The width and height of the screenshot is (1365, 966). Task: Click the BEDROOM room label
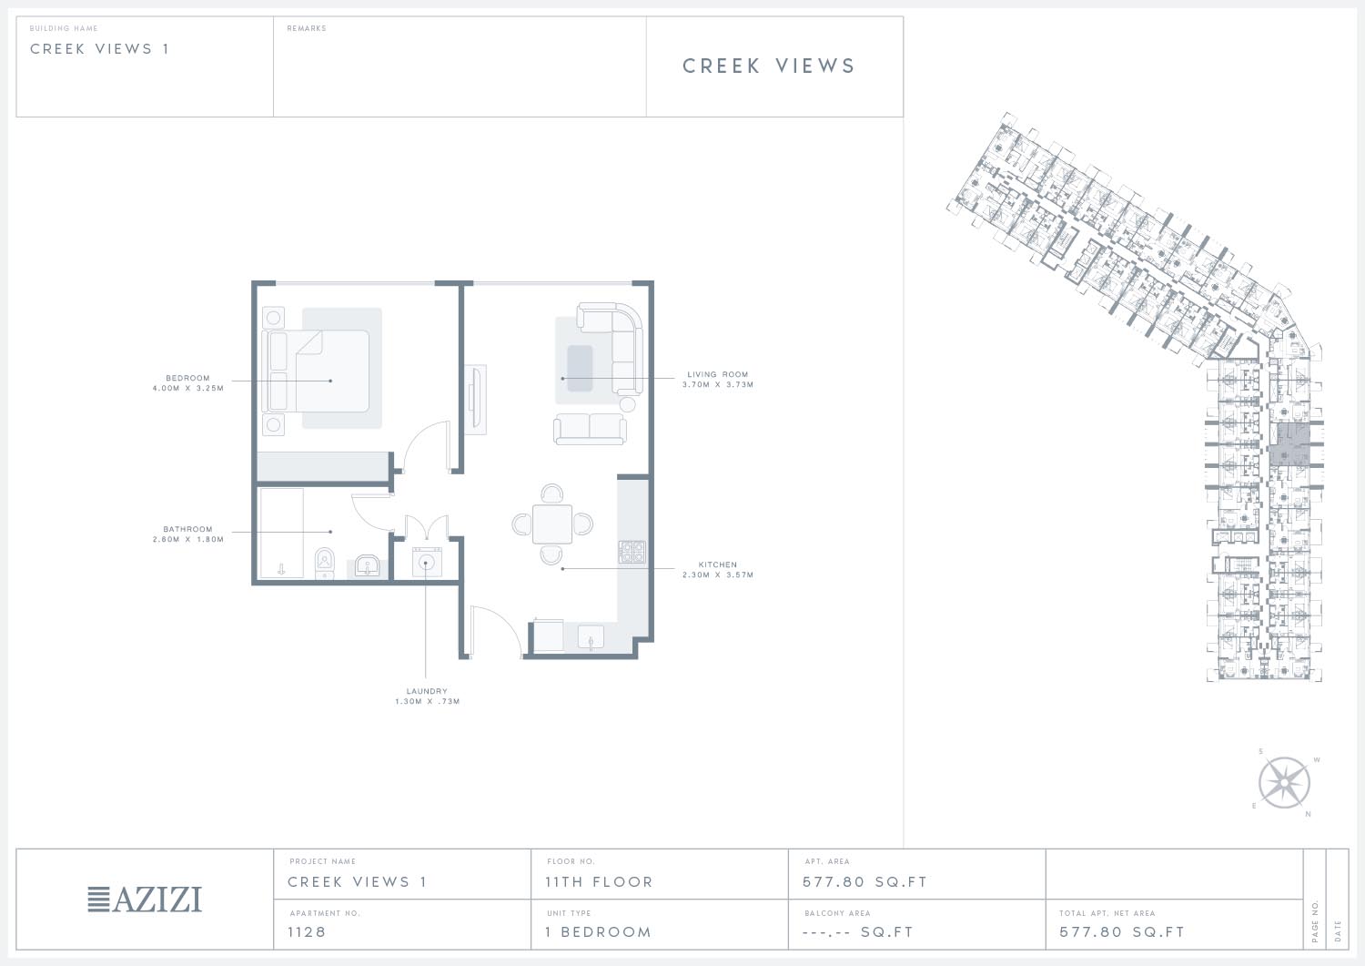point(187,378)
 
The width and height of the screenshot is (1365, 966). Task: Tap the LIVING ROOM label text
point(718,374)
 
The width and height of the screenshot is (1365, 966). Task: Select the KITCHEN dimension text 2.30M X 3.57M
point(718,575)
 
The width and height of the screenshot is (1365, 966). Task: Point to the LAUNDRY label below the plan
point(427,691)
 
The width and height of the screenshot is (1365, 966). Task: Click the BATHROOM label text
point(187,529)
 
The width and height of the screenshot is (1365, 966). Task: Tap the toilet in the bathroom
point(325,564)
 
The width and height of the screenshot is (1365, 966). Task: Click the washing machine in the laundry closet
point(427,562)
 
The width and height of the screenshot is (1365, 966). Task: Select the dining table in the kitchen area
point(552,524)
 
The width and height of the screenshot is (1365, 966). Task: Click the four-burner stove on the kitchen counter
point(632,552)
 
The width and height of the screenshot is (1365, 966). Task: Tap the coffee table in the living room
point(580,369)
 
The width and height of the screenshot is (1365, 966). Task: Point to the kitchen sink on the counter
point(591,636)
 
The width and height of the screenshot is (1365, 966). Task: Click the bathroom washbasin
point(368,566)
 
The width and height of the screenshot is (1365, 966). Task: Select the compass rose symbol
point(1284,783)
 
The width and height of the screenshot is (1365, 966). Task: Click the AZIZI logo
point(145,900)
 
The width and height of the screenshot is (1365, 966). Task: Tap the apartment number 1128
point(307,931)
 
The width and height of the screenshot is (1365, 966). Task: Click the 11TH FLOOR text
point(599,882)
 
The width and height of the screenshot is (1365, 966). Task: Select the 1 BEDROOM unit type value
point(599,931)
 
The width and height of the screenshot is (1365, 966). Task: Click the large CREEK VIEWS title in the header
point(769,66)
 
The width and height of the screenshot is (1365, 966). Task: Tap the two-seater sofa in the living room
point(590,429)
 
